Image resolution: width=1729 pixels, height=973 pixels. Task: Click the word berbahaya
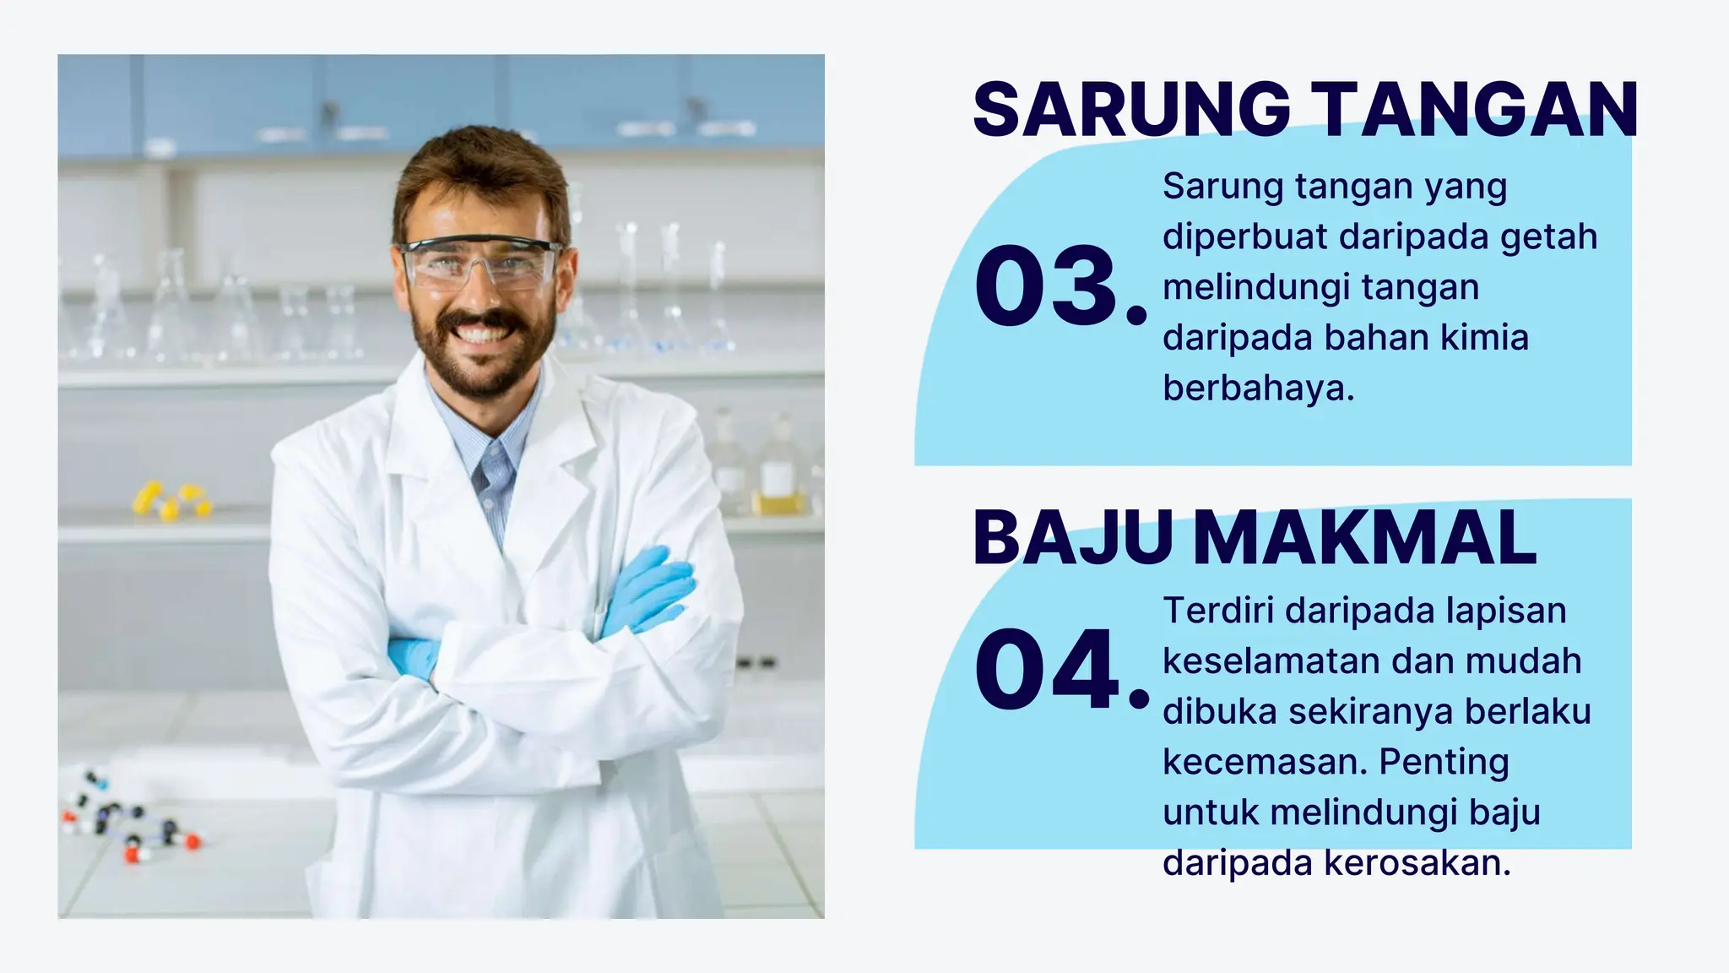pyautogui.click(x=1258, y=389)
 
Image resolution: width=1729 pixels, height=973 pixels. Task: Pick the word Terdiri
pyautogui.click(x=1217, y=610)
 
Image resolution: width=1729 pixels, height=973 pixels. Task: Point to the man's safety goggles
pyautogui.click(x=480, y=263)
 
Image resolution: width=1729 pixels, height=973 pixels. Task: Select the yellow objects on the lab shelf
pyautogui.click(x=172, y=500)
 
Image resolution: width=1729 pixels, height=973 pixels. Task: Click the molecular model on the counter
pyautogui.click(x=127, y=815)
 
